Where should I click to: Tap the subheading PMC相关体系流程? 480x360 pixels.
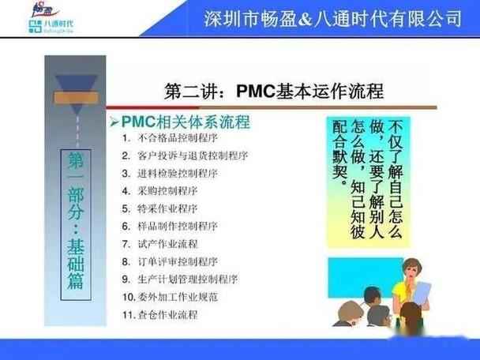[186, 122]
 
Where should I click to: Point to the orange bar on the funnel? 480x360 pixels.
[77, 98]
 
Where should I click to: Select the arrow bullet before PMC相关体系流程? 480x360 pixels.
[114, 122]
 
